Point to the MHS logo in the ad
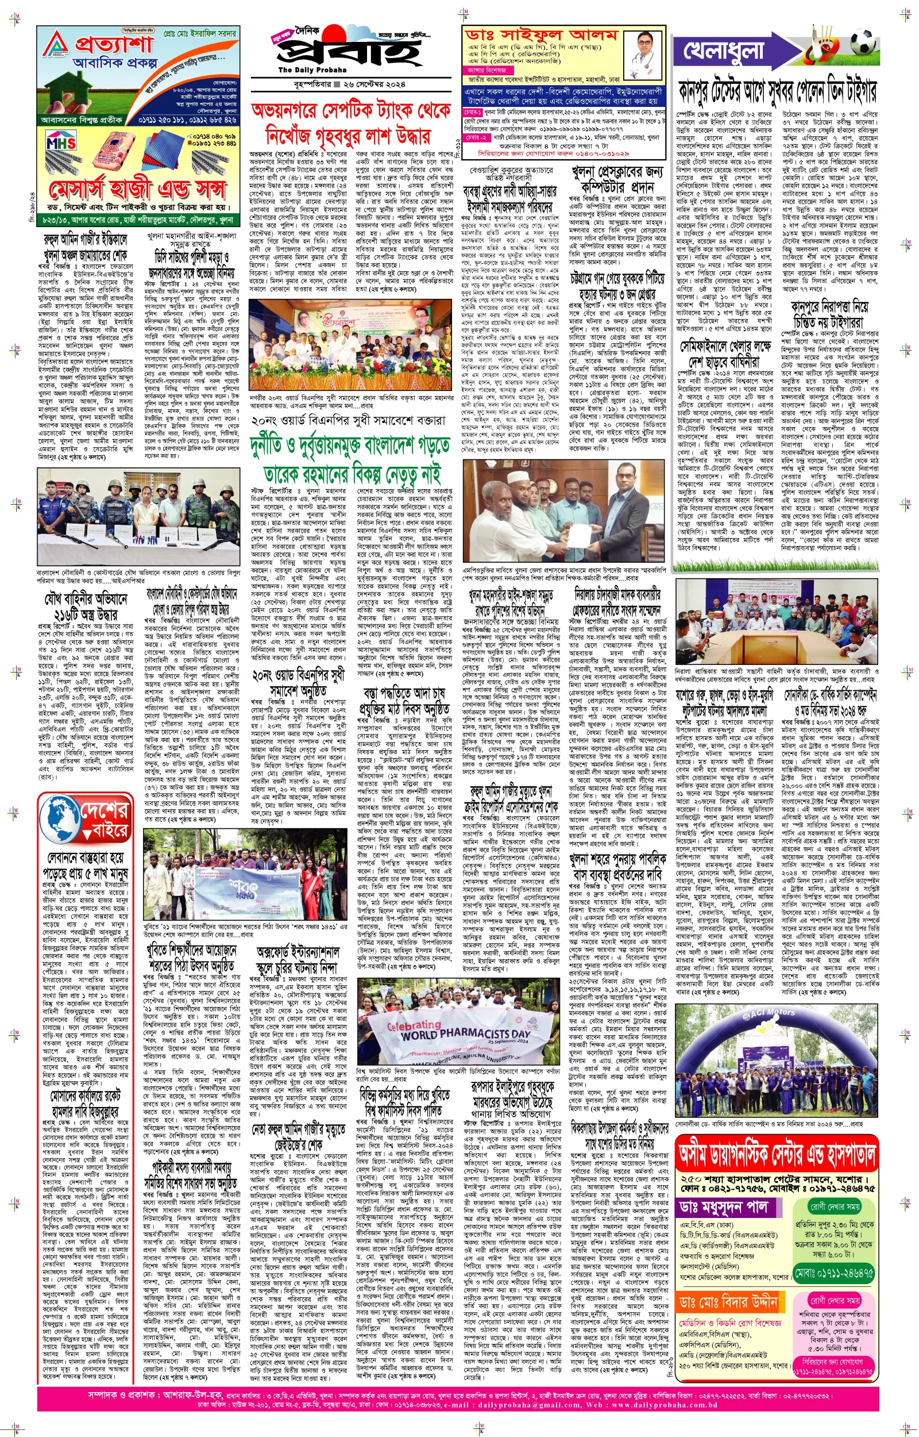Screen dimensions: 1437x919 tap(60, 143)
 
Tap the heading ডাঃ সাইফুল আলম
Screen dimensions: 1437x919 tap(540, 35)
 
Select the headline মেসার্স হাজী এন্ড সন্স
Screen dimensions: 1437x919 tap(137, 190)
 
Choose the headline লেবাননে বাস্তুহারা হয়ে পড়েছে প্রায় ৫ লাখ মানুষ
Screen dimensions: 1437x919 tap(86, 865)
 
